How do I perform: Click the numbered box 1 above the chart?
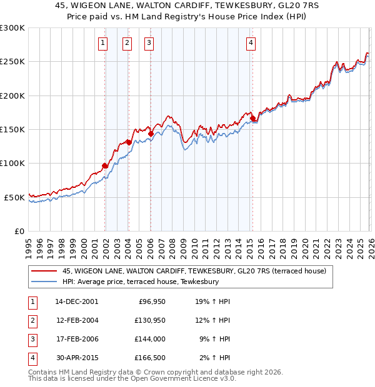[103, 43]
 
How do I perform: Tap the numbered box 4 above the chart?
[251, 43]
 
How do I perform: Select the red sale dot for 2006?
[151, 134]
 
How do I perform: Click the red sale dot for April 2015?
[252, 119]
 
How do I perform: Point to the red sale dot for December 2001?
[105, 165]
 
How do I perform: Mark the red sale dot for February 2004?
[129, 142]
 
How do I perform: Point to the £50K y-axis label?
[14, 197]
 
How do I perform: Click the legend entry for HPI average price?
[140, 282]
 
